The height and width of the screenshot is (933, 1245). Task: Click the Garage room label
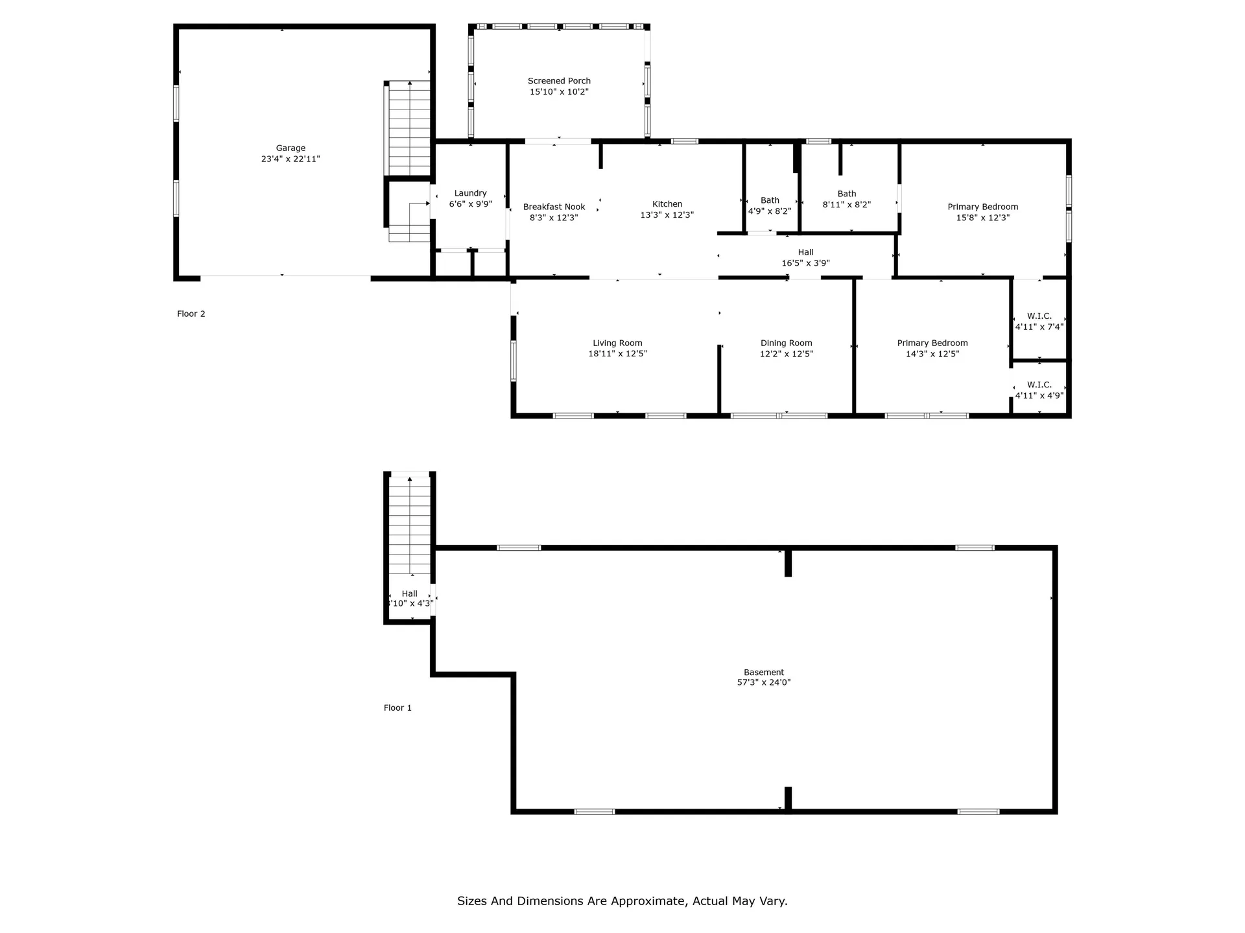click(290, 148)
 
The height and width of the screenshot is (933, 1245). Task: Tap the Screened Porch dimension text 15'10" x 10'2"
click(559, 92)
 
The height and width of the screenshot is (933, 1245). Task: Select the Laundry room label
click(470, 193)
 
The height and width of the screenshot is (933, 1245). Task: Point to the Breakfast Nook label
click(554, 207)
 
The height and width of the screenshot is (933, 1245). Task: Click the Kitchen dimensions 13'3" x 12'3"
click(667, 215)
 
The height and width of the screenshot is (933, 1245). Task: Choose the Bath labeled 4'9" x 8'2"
click(770, 200)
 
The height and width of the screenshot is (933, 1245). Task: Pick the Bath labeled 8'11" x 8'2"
click(846, 194)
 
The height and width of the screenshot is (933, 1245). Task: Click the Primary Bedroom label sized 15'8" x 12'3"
click(982, 207)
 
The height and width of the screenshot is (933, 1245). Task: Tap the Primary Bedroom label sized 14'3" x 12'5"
click(932, 343)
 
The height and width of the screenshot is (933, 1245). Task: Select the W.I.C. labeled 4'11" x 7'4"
click(1039, 316)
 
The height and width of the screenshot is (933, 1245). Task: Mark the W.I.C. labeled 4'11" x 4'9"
click(1039, 385)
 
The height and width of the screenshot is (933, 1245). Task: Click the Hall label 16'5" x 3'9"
click(805, 252)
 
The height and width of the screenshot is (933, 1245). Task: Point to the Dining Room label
click(786, 343)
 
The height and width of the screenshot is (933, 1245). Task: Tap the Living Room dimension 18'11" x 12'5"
click(617, 354)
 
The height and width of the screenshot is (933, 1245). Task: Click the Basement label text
click(763, 672)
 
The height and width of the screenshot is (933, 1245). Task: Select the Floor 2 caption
click(191, 314)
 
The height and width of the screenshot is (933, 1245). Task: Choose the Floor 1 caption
click(397, 708)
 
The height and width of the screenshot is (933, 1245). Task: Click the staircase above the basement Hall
click(409, 525)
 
